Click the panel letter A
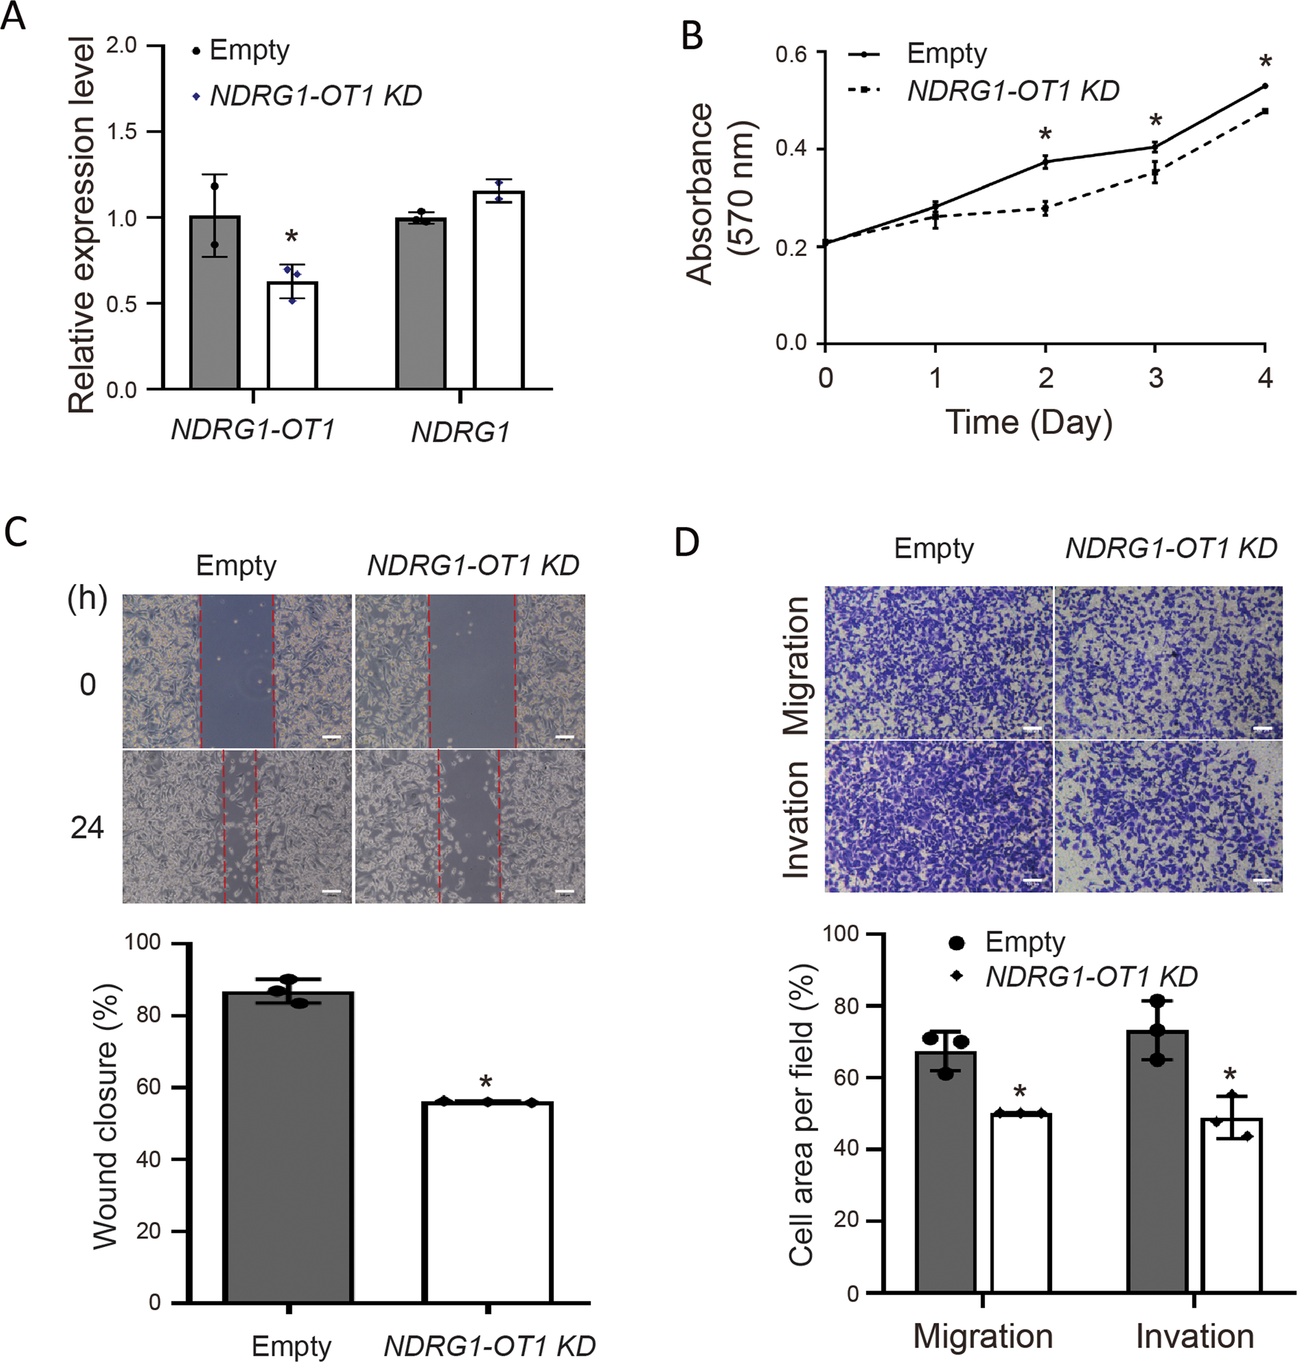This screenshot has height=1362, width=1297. coord(14,15)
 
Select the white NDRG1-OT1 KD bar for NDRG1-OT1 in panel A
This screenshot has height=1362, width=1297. coord(292,335)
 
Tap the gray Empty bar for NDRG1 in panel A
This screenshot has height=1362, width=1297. coord(420,304)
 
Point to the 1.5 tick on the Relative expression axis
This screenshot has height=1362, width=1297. coord(122,131)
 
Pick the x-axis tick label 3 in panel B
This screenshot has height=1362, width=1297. coord(1155,378)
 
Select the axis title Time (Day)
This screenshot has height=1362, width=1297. coord(1029,422)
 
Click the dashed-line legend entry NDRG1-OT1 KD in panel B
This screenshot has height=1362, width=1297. coord(1013,91)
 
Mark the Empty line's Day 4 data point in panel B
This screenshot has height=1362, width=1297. coord(1265,86)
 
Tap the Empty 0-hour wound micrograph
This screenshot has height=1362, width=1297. coord(237,671)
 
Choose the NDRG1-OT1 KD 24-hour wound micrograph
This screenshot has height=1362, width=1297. coord(470,827)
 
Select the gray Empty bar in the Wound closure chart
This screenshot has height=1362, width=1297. coord(289,1148)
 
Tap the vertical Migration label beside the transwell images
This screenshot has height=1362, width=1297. coord(797,665)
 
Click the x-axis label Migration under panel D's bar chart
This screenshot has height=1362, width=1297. coord(982,1336)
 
